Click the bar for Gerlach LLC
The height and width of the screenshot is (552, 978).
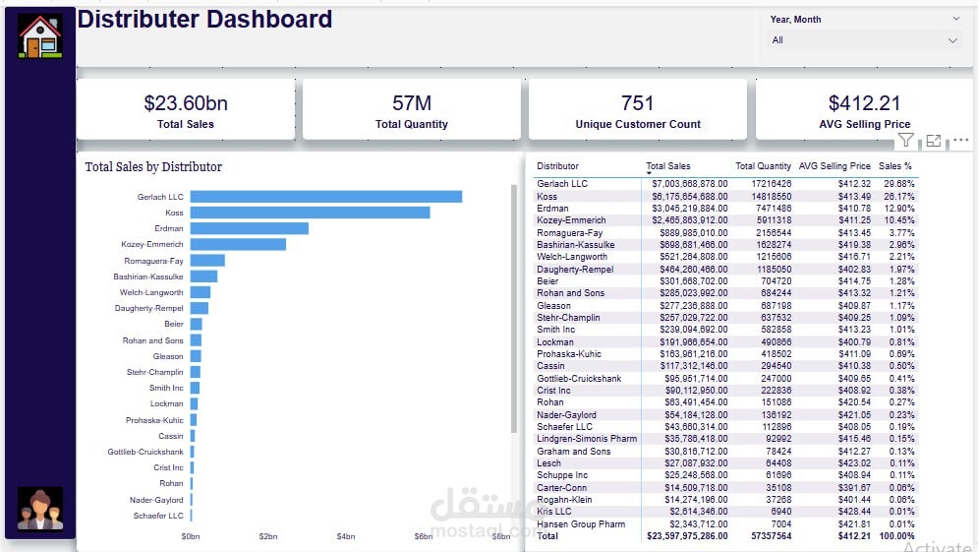325,197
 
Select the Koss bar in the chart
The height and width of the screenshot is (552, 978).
310,213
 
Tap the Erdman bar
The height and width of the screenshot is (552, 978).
249,228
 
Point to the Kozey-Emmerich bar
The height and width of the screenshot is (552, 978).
238,244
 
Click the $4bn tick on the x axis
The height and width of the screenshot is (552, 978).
346,536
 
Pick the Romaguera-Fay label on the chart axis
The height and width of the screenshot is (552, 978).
154,261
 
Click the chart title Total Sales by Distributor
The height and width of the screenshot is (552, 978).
153,167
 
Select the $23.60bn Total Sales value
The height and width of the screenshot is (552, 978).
186,102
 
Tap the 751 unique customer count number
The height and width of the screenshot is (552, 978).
638,102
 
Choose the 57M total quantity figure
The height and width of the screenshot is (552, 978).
412,102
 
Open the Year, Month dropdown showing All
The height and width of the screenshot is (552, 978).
864,40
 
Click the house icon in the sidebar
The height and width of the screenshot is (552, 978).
40,35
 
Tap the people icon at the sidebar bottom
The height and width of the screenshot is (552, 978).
40,509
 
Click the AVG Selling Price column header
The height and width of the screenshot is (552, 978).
834,166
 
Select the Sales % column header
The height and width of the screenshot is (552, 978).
895,166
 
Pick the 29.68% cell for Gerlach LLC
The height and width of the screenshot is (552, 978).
898,184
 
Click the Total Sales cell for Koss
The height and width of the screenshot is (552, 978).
688,197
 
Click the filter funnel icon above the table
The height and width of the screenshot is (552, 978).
906,141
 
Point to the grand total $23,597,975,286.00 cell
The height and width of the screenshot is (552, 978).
686,537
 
